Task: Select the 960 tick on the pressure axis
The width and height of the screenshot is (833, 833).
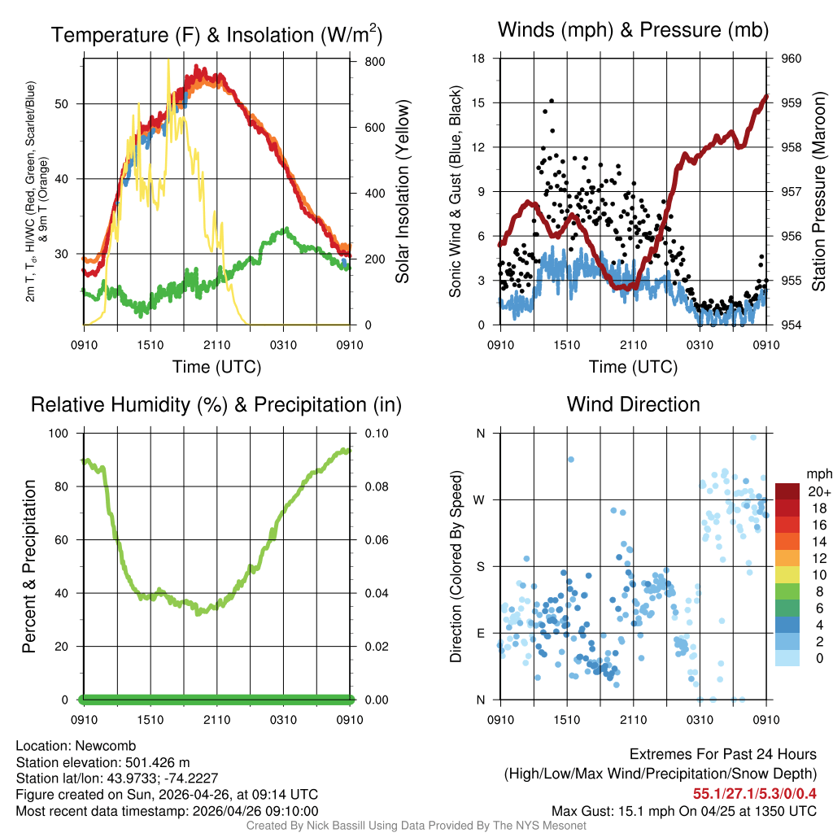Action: [x=792, y=59]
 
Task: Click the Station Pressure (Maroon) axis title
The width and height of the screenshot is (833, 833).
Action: [x=819, y=192]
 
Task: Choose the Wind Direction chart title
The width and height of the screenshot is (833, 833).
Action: [x=633, y=404]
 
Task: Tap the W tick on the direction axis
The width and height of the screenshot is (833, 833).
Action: [x=480, y=499]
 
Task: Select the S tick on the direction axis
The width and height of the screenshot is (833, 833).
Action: [x=480, y=566]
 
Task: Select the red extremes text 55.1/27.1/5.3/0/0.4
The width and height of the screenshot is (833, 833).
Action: [x=755, y=793]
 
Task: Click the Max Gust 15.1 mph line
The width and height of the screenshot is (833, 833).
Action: [x=683, y=810]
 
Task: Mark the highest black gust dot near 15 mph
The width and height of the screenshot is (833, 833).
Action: [x=552, y=101]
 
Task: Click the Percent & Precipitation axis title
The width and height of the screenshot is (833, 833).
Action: [x=29, y=566]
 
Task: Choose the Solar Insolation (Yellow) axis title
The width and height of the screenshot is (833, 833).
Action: [x=402, y=192]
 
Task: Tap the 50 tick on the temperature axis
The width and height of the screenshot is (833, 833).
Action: [x=69, y=104]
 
